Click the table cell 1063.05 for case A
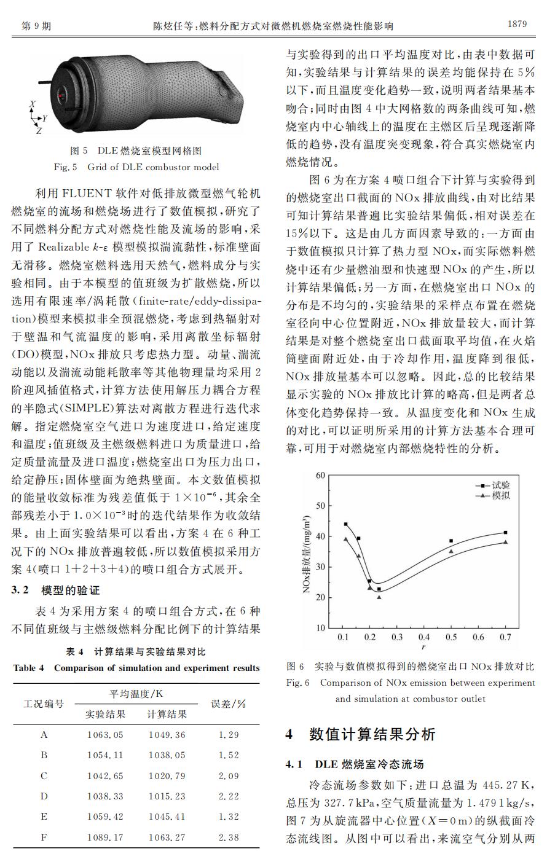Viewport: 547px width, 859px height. [105, 735]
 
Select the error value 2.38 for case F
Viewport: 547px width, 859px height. [229, 837]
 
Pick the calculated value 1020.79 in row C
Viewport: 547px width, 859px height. [167, 775]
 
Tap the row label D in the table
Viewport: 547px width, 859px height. [44, 796]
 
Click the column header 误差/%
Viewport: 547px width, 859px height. [229, 704]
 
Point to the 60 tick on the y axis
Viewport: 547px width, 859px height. [320, 475]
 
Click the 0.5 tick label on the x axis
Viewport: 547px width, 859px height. [451, 637]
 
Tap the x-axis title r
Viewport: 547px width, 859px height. [424, 646]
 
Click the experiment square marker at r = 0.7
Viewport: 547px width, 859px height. [505, 532]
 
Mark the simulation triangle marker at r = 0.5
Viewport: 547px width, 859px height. [451, 551]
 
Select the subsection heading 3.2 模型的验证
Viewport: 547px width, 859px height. [55, 590]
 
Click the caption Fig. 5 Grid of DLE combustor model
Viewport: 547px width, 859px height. [136, 167]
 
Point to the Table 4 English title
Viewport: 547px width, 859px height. [136, 668]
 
